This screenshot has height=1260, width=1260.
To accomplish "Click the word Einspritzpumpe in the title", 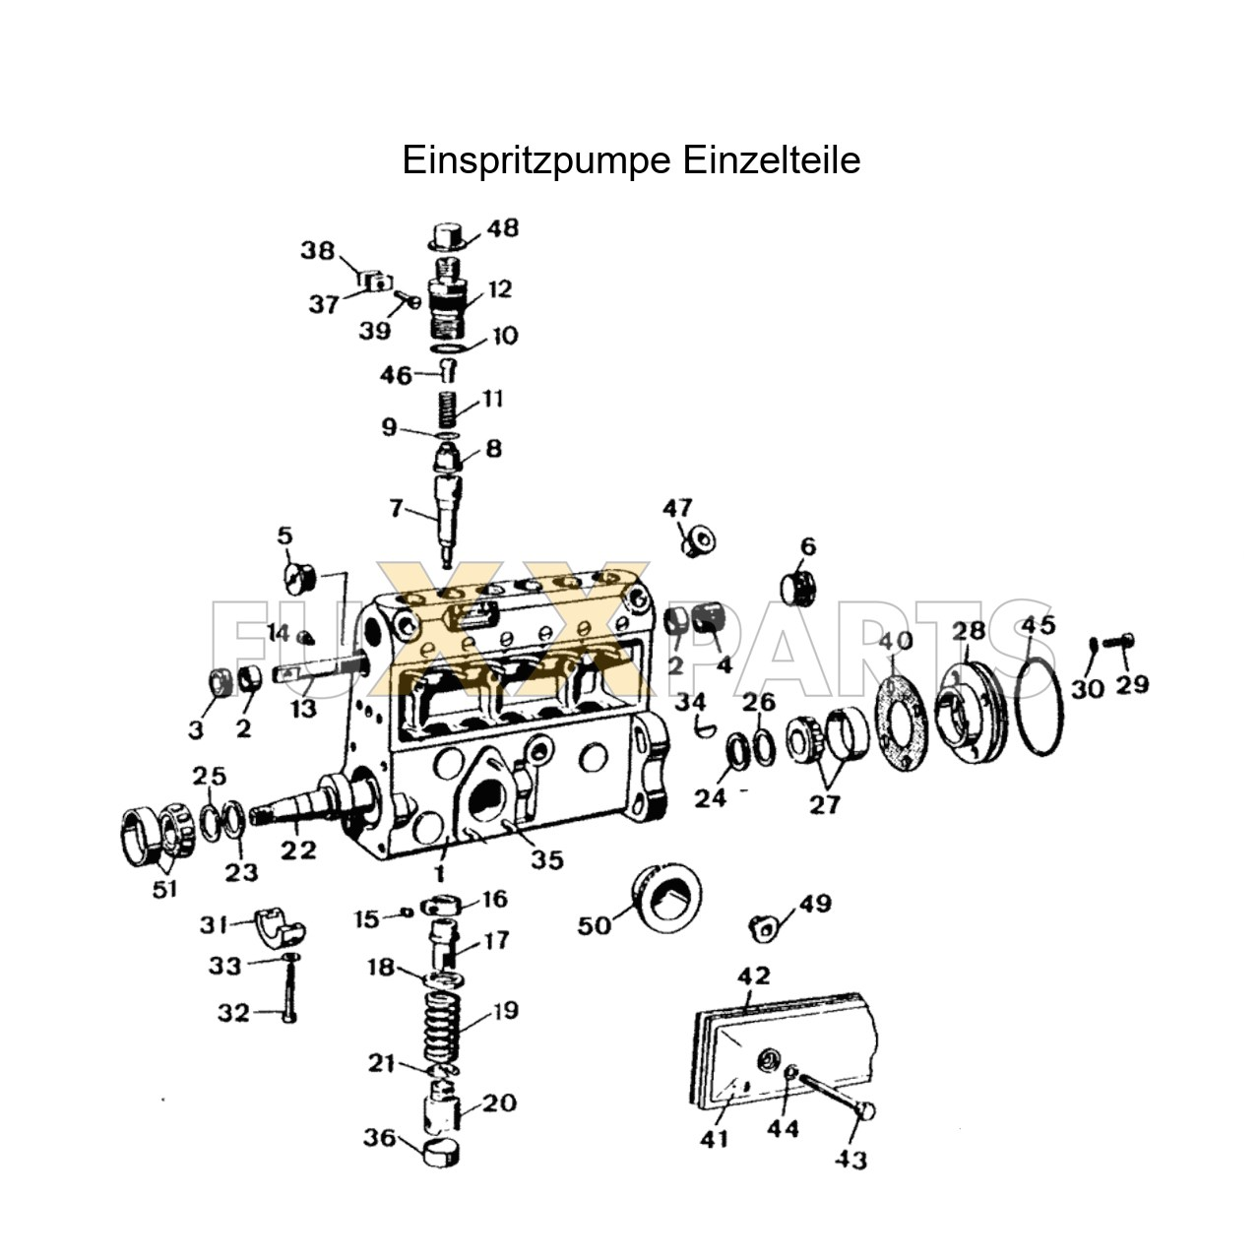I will pyautogui.click(x=523, y=160).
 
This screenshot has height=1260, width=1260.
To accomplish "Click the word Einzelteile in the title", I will pyautogui.click(x=757, y=160).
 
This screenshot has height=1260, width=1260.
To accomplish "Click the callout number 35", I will pyautogui.click(x=547, y=859).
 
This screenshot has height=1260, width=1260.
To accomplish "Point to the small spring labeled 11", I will pyautogui.click(x=448, y=409).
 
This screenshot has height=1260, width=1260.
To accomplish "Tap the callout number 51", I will pyautogui.click(x=164, y=888).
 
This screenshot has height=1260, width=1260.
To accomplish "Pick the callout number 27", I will pyautogui.click(x=824, y=804).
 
